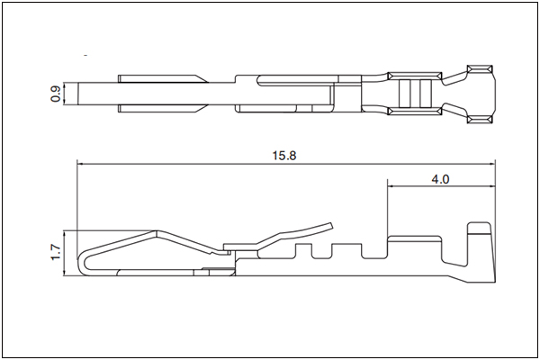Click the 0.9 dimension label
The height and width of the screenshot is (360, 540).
point(56,94)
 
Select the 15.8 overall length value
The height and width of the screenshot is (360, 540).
point(284,156)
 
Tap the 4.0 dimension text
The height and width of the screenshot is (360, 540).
point(440,179)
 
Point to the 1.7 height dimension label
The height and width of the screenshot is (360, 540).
point(56,253)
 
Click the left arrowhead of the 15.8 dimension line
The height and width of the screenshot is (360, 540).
point(81,165)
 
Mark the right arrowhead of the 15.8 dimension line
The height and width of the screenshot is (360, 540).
point(491,165)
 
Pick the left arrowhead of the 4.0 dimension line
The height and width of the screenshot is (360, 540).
point(391,186)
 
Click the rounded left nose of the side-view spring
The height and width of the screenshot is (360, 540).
point(82,262)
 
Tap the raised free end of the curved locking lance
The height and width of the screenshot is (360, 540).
point(331,226)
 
